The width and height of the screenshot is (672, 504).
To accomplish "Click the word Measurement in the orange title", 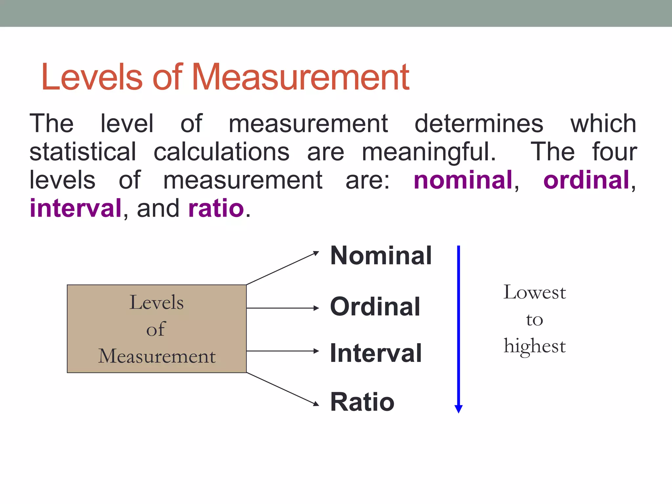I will click(300, 77).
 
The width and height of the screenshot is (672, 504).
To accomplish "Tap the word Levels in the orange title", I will click(92, 77).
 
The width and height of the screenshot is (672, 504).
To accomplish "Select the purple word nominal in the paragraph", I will click(463, 180).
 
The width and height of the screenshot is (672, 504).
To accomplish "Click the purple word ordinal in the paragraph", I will click(586, 180).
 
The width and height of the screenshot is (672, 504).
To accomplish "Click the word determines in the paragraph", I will click(479, 124).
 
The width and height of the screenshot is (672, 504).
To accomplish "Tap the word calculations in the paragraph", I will click(221, 152).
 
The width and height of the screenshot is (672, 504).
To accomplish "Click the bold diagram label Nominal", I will click(381, 256).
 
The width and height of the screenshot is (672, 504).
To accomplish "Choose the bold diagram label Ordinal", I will click(375, 307).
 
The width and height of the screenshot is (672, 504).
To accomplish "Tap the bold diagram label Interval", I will click(376, 353).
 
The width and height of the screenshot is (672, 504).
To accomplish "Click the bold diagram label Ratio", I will click(362, 402).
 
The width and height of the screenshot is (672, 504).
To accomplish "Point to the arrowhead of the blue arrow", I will click(458, 409).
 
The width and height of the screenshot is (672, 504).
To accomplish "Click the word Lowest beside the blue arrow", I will click(535, 292).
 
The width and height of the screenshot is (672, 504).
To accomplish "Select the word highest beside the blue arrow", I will click(535, 346).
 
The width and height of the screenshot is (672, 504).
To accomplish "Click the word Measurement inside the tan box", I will click(157, 356).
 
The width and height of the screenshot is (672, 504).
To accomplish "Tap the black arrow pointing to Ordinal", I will click(282, 308).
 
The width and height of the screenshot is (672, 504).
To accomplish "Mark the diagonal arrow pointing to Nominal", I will click(282, 268).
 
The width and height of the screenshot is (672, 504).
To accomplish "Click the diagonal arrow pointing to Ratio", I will click(282, 389).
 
